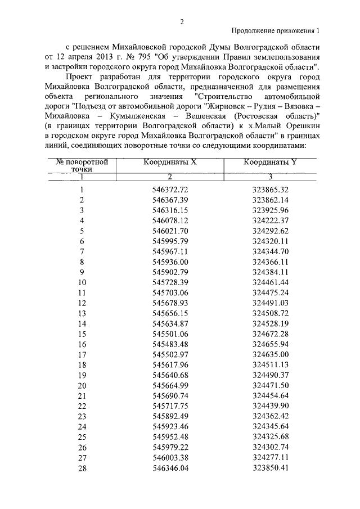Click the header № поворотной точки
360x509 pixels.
82,165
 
